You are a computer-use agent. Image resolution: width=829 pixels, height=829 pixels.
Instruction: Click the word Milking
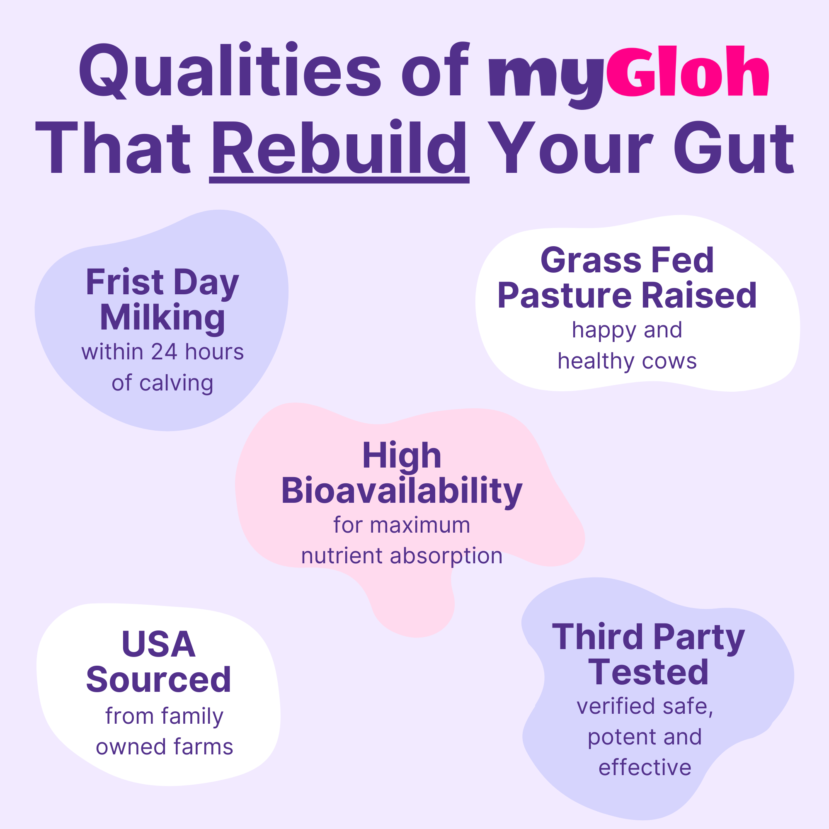point(162,318)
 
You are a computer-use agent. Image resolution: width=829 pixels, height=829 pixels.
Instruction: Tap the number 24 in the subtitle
point(164,352)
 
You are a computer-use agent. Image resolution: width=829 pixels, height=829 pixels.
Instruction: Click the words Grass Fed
point(627,260)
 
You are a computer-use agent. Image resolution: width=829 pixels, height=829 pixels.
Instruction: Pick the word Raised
point(699,296)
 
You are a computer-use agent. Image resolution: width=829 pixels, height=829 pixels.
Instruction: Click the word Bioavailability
point(402,491)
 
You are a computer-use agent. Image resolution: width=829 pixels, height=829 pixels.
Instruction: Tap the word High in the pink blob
point(402,456)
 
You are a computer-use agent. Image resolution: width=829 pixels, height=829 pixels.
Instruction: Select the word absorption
point(446,556)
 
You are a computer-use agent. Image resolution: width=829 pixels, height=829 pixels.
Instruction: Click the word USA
point(158,644)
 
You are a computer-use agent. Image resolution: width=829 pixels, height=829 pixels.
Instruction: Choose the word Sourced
point(158,680)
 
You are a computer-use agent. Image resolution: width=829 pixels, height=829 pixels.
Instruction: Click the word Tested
point(648,672)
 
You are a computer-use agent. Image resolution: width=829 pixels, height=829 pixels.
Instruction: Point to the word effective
point(645,768)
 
